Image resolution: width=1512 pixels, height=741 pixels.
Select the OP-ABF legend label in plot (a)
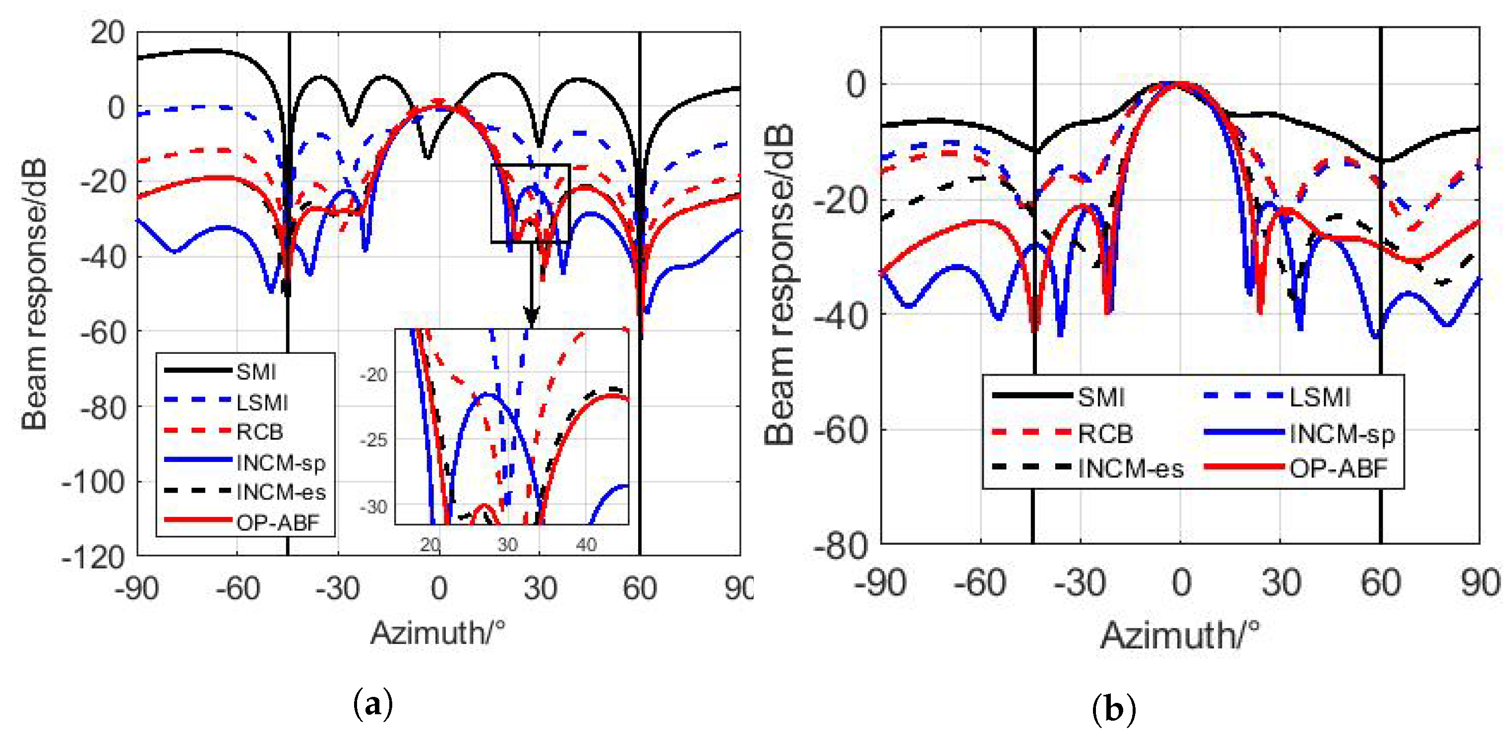click(x=277, y=521)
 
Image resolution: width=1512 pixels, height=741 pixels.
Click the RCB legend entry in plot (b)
click(x=1105, y=434)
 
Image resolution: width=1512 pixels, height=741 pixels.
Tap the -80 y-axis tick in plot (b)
click(x=841, y=546)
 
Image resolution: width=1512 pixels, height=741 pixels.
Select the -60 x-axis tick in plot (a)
click(x=237, y=588)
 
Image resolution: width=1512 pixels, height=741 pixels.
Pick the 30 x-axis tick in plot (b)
click(x=1281, y=582)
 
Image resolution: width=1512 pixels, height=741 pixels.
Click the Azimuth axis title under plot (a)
click(x=437, y=633)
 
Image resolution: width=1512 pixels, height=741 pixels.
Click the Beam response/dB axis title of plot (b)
click(x=779, y=285)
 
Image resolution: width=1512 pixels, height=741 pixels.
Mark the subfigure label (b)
click(x=1113, y=709)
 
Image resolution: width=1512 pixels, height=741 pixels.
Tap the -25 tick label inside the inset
click(x=374, y=440)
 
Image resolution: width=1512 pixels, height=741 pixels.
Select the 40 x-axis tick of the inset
click(x=586, y=544)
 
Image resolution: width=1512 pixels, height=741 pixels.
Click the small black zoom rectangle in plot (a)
click(x=531, y=203)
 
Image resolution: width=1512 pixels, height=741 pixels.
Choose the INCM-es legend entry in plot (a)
click(x=281, y=492)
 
